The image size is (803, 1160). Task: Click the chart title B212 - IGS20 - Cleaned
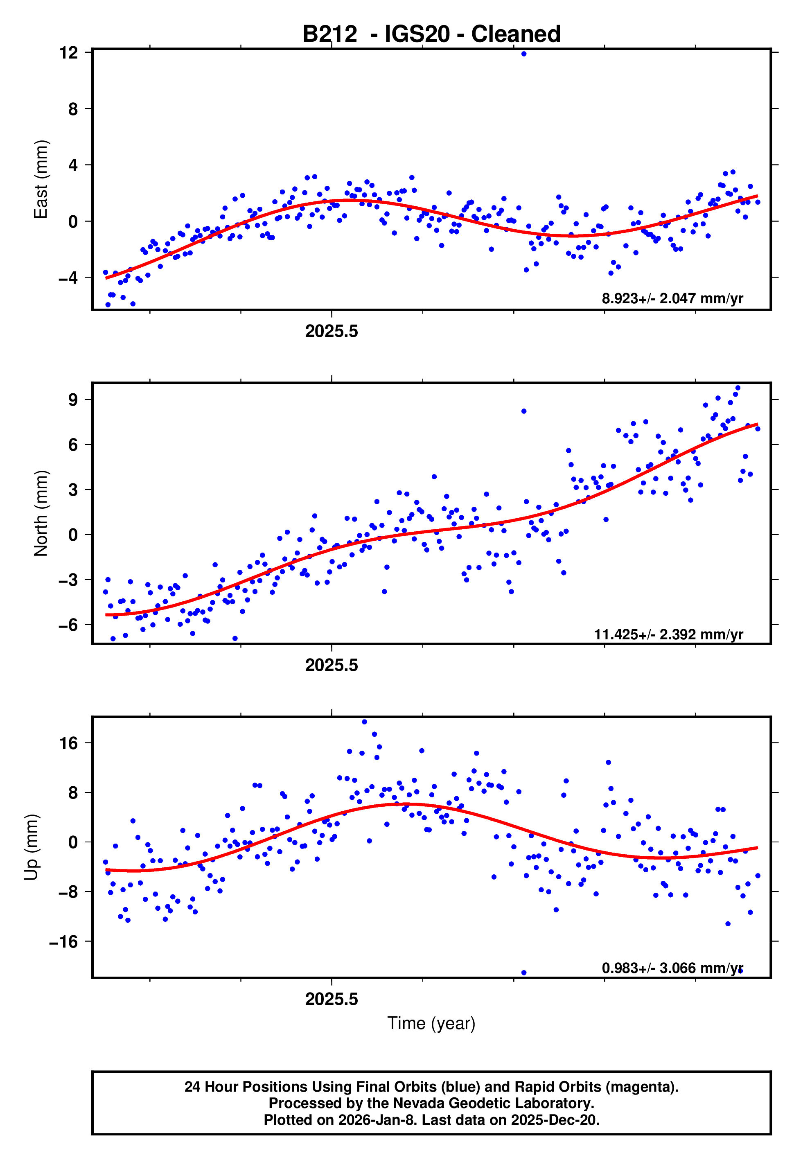click(431, 34)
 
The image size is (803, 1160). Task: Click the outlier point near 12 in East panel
click(524, 54)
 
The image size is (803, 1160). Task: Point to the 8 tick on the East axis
click(73, 108)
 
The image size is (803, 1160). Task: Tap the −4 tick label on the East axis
click(68, 278)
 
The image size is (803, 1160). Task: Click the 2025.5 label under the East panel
click(332, 331)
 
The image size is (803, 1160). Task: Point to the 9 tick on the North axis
click(73, 400)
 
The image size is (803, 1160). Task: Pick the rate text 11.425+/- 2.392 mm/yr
click(668, 634)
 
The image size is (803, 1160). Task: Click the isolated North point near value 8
click(524, 411)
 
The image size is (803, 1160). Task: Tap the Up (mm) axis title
click(31, 847)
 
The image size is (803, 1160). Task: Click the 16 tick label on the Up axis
click(69, 743)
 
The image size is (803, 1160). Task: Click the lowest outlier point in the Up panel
click(524, 973)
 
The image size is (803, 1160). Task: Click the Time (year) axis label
click(431, 1023)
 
